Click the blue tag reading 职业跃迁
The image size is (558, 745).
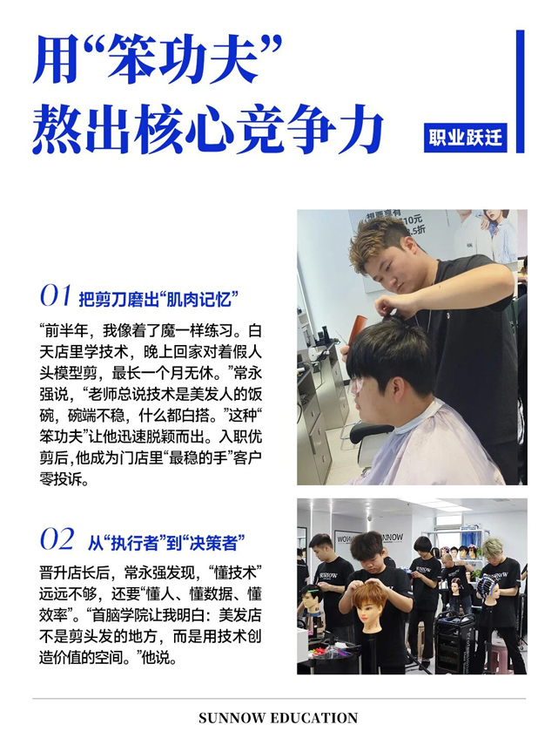(465, 138)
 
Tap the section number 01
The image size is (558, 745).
(56, 295)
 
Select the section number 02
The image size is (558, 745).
(57, 538)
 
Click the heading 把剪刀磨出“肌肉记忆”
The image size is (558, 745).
(158, 299)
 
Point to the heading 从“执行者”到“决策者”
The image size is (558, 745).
(166, 542)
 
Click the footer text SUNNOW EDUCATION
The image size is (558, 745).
(279, 717)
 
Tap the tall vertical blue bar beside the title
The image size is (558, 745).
(520, 91)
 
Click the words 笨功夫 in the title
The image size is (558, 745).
(184, 59)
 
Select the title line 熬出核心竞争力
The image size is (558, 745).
(207, 128)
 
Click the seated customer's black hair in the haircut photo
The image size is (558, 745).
(391, 352)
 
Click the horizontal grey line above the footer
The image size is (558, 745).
(279, 699)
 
